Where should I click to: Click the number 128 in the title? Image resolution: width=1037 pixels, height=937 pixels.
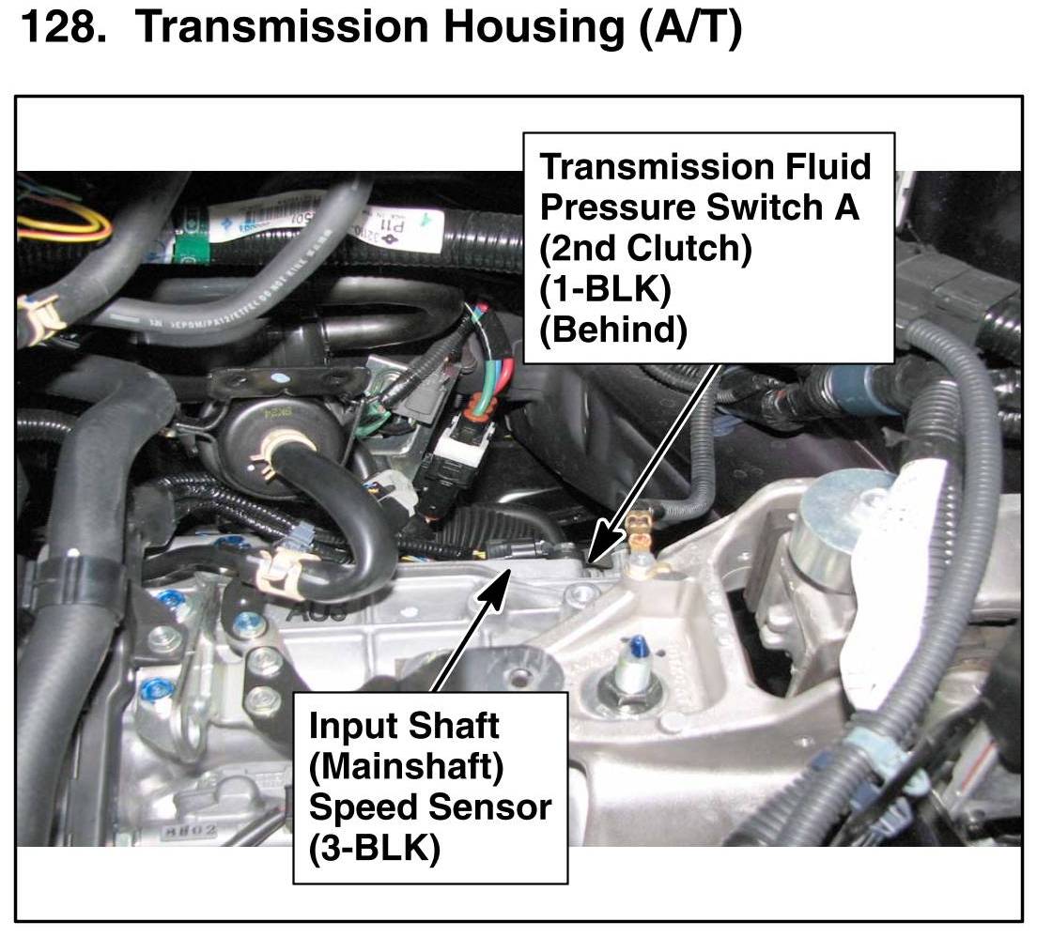pos(59,29)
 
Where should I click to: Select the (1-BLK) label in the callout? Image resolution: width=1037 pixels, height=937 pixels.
pos(605,290)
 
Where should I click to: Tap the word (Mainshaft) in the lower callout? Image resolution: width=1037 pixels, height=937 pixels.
pos(406,766)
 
